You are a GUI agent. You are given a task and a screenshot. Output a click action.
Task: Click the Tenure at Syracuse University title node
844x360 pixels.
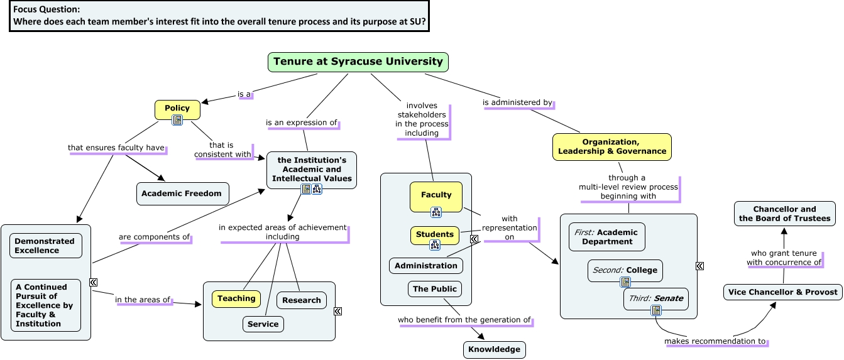click(x=358, y=62)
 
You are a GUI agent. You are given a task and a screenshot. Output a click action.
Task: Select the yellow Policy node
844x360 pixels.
click(x=177, y=108)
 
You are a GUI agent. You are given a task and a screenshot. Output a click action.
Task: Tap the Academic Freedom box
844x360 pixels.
click(x=182, y=194)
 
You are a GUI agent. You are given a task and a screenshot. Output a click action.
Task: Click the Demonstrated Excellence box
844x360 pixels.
click(x=45, y=246)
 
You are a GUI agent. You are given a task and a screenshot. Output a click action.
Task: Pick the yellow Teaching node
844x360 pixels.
click(x=236, y=299)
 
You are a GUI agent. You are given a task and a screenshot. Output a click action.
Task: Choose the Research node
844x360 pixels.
click(x=302, y=300)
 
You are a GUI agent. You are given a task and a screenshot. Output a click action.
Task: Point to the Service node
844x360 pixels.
click(x=263, y=324)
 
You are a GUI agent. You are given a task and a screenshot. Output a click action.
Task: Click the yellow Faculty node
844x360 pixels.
click(x=436, y=195)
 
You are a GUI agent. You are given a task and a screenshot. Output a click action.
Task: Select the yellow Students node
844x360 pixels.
click(x=435, y=234)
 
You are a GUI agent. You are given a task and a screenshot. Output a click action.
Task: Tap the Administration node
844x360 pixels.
click(x=426, y=266)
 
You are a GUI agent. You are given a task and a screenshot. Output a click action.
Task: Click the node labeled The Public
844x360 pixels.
click(x=435, y=289)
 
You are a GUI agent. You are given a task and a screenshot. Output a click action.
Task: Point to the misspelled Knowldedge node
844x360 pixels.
click(x=494, y=350)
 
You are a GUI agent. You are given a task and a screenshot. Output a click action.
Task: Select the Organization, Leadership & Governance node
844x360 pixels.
click(x=612, y=147)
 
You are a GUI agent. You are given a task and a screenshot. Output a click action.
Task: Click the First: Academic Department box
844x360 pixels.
click(x=606, y=237)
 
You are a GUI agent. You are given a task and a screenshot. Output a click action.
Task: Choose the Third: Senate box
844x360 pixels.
click(x=655, y=298)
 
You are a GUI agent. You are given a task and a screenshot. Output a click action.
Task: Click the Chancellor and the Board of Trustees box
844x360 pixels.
click(x=785, y=214)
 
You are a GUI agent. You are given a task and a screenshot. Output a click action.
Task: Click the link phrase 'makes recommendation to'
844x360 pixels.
click(x=716, y=342)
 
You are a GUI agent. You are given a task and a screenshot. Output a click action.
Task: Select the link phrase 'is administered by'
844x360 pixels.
click(x=517, y=102)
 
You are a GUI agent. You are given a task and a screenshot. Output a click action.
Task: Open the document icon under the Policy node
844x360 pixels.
click(x=177, y=120)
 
